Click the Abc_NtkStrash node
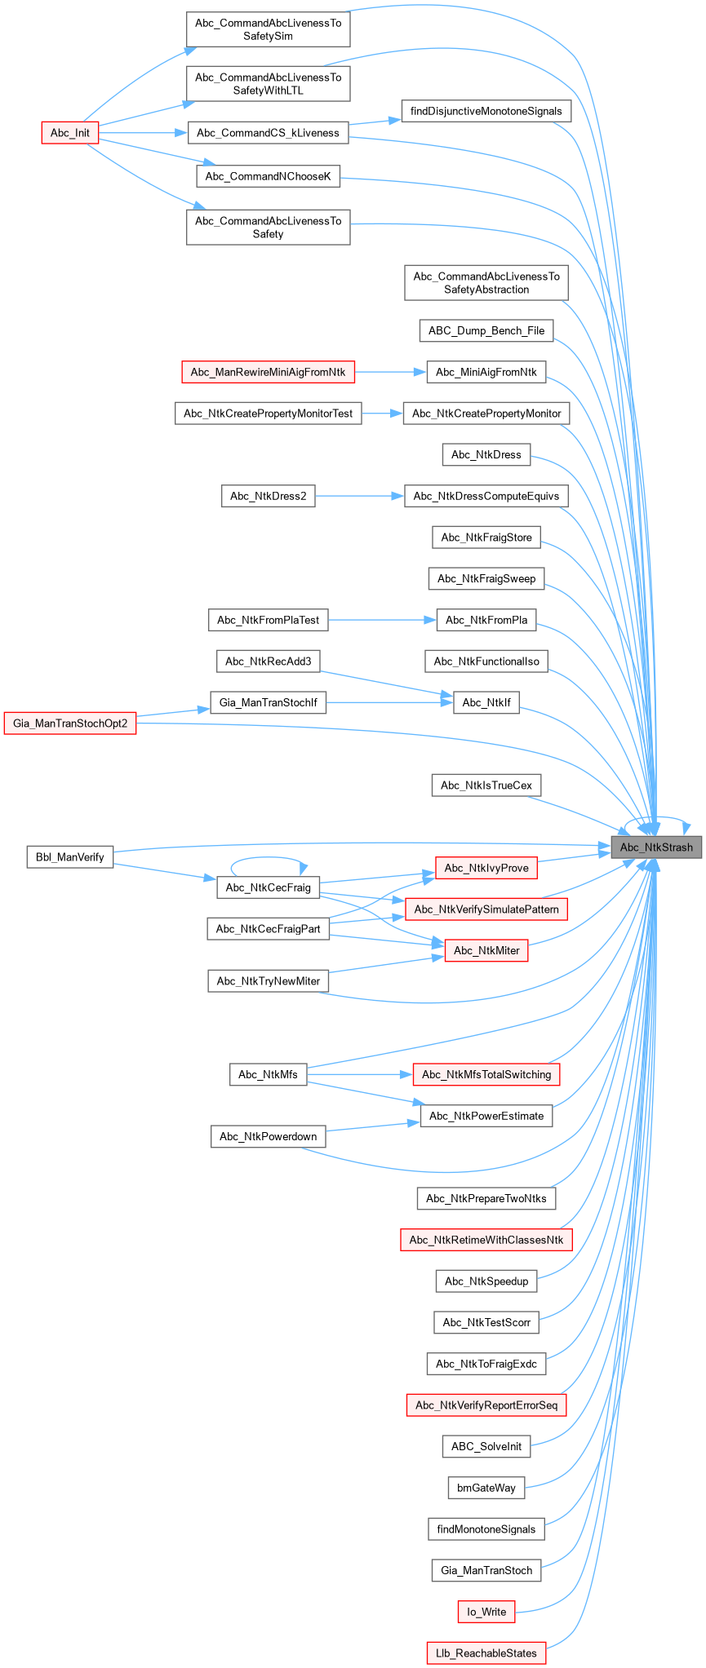point(656,847)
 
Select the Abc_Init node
point(70,133)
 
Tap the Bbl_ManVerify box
point(70,856)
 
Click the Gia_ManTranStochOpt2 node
point(70,723)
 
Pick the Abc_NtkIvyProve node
point(486,868)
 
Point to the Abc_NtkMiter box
point(486,950)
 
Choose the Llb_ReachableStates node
point(486,1653)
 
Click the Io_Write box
point(486,1612)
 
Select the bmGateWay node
point(486,1488)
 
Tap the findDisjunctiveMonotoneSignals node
point(486,111)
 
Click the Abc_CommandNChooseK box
point(268,176)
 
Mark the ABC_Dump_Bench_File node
point(486,330)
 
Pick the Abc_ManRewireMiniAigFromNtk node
point(268,372)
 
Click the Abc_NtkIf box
point(486,702)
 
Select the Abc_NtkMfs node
point(268,1074)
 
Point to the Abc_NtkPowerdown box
point(268,1136)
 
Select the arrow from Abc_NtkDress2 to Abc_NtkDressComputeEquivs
point(360,496)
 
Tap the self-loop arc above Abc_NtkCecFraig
point(269,858)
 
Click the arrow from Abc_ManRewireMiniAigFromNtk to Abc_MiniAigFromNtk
point(391,372)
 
